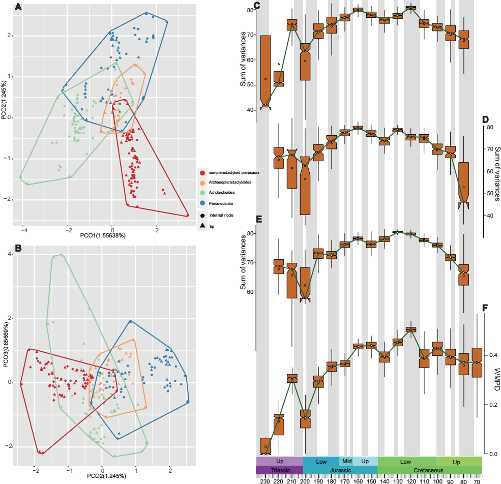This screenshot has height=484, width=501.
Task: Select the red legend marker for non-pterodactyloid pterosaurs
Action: coord(203,173)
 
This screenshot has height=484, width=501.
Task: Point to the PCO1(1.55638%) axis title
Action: coord(103,236)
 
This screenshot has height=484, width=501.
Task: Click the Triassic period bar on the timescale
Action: coord(280,470)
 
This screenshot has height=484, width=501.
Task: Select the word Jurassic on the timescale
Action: coord(340,470)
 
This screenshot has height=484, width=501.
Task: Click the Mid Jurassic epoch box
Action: coord(346,461)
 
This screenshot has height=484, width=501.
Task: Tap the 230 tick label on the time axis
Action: coord(265,480)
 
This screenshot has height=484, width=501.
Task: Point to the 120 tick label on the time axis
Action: coord(410,480)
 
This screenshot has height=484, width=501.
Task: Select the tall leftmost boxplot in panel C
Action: coord(265,71)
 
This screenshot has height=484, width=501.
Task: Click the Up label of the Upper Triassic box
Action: coord(280,461)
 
